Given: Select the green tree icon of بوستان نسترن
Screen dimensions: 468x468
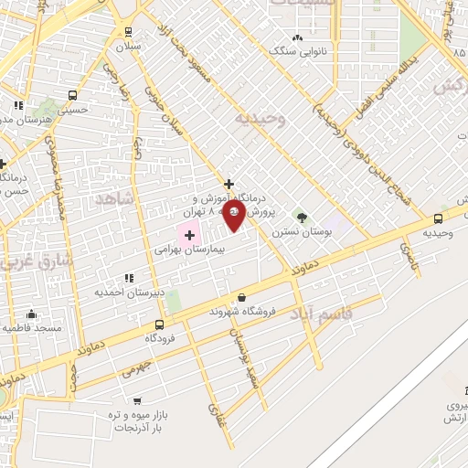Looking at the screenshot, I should (x=301, y=218).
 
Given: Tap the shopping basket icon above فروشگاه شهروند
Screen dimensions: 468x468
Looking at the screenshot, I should (x=241, y=297).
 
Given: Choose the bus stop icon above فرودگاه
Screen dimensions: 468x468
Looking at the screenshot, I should (x=159, y=324).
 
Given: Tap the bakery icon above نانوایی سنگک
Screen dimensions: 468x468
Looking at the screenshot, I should (x=296, y=37).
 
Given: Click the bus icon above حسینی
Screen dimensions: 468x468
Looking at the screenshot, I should (x=72, y=94).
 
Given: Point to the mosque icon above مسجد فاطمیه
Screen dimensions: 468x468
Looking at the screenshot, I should (x=32, y=314).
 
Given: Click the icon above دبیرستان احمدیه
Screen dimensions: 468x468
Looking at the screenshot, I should (x=128, y=277).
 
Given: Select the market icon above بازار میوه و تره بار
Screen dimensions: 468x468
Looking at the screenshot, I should (x=136, y=400).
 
